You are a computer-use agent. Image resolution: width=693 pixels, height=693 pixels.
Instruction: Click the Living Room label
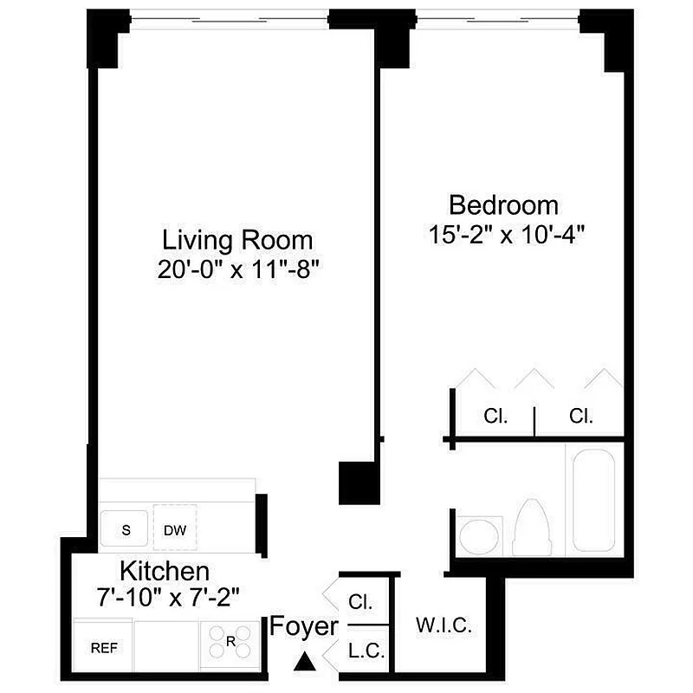[238, 239]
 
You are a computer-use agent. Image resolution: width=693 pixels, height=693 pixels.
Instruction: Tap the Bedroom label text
[503, 205]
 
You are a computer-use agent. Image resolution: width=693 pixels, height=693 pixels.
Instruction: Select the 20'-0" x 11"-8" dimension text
[238, 269]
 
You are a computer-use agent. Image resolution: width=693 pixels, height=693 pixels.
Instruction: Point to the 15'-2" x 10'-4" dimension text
[503, 234]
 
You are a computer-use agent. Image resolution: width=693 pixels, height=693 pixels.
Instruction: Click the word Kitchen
[164, 571]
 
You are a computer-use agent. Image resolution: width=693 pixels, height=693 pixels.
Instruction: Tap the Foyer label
[303, 625]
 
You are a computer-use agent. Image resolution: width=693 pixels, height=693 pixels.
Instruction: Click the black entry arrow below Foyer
[303, 662]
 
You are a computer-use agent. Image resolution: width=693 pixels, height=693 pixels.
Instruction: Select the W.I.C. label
[444, 626]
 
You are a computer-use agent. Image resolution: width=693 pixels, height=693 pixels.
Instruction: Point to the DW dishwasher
[175, 529]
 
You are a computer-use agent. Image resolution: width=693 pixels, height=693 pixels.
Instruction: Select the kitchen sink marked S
[126, 529]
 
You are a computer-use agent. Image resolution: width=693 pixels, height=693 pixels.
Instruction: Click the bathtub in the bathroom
[593, 497]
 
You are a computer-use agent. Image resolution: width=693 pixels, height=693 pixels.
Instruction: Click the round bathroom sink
[480, 535]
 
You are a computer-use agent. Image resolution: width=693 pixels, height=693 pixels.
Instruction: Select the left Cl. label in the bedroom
[495, 417]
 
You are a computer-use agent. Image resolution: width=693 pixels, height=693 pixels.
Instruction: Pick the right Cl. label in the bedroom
[581, 417]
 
